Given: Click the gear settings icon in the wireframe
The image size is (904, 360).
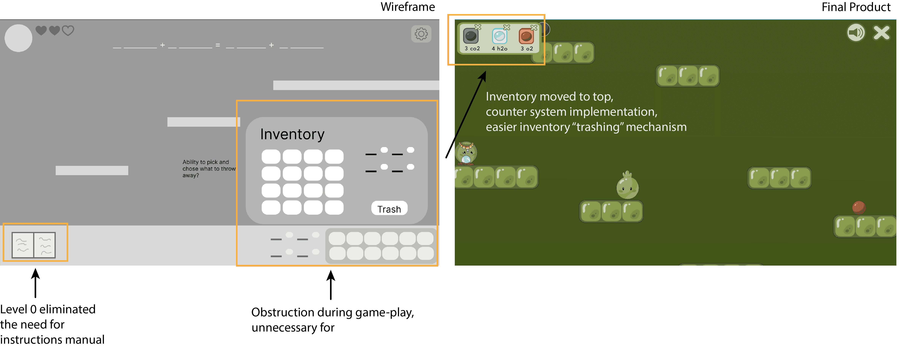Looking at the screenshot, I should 421,34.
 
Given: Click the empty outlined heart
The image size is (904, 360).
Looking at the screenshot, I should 68,31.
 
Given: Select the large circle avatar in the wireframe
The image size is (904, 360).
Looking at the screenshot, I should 18,38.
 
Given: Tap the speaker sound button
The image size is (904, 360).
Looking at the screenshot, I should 856,33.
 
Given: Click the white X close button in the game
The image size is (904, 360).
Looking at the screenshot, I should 882,33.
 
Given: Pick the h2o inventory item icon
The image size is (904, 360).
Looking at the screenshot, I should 499,36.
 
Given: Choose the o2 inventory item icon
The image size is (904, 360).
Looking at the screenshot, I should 526,36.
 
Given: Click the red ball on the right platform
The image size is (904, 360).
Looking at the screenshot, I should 859,207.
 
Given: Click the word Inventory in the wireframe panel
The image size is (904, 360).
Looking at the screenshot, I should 292,134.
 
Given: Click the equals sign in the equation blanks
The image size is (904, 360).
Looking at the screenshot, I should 218,45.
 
